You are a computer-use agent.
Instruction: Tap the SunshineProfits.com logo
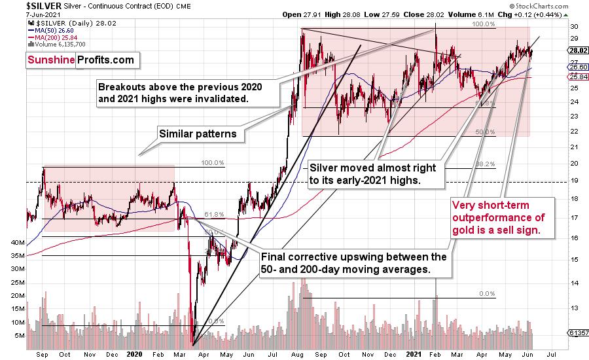pyautogui.click(x=80, y=60)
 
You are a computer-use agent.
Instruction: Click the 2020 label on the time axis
pyautogui.click(x=134, y=353)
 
